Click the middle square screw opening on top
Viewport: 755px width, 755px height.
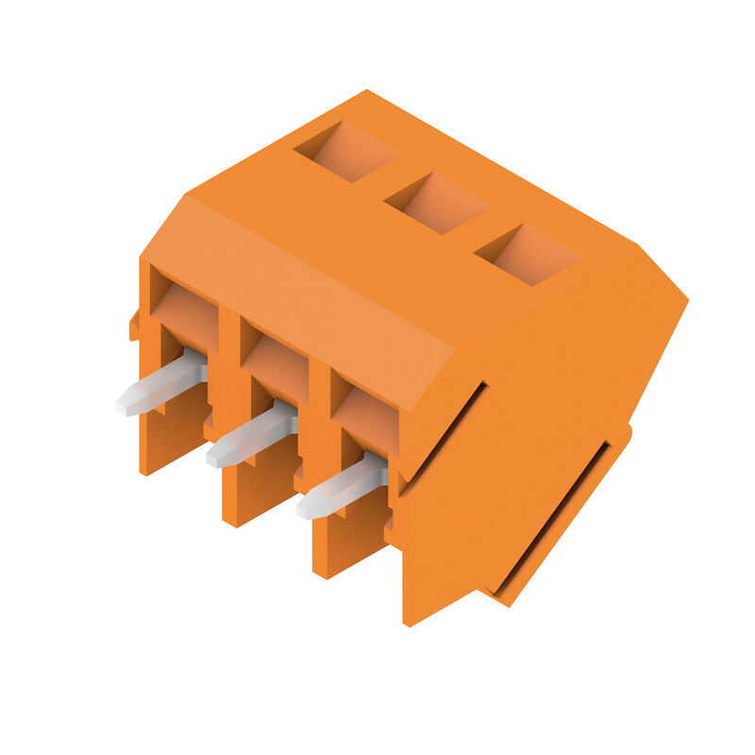437,203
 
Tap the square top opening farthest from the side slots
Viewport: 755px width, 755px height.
346,151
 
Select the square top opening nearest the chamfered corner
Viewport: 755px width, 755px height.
527,255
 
